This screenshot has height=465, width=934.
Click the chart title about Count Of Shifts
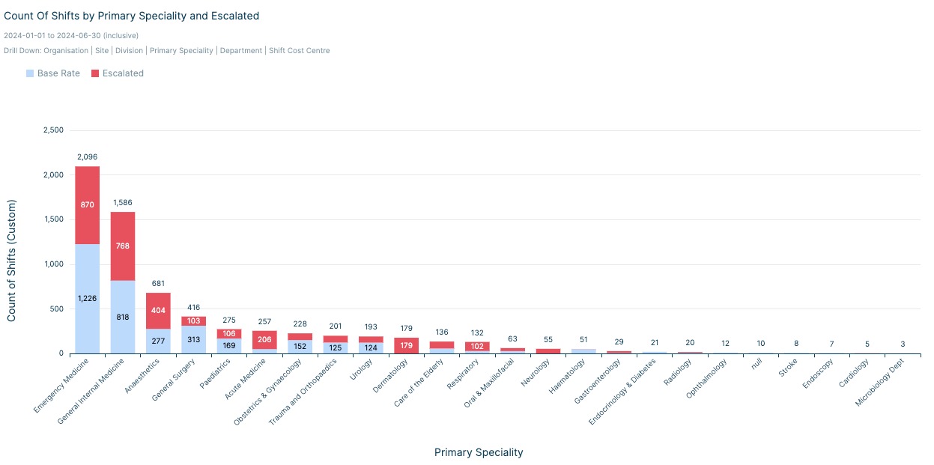(x=132, y=16)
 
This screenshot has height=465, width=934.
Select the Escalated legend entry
(x=118, y=73)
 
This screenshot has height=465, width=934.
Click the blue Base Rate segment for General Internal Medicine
(x=123, y=329)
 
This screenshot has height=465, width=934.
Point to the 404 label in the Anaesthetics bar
(x=158, y=310)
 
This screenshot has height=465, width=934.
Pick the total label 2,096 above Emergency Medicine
(x=87, y=157)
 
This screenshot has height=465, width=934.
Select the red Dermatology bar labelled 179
(x=406, y=345)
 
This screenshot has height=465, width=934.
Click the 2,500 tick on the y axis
(x=53, y=130)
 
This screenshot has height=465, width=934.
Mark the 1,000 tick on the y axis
(x=53, y=264)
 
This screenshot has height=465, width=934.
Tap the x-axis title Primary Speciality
(x=479, y=452)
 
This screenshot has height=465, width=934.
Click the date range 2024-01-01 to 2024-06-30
(x=71, y=35)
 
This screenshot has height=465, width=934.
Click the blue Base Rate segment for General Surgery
(x=194, y=339)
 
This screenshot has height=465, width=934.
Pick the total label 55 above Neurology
(x=548, y=339)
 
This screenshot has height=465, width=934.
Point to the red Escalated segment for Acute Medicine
(x=264, y=339)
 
